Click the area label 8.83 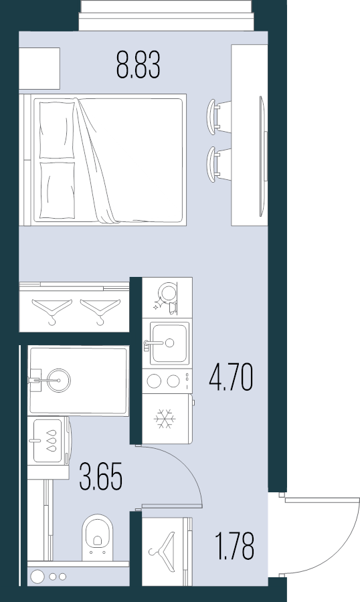coord(139,66)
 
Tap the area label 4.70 coord(231,377)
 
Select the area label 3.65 coord(101,476)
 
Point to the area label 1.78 coord(234,546)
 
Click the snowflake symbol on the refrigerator coord(165,419)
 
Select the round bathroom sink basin coord(59,380)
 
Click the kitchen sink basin coord(169,343)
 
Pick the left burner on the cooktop coord(154,381)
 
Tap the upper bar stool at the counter coord(219,116)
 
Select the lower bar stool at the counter coord(219,164)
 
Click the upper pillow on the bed coord(57,130)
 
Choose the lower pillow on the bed coord(57,190)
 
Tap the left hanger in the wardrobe coord(52,310)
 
